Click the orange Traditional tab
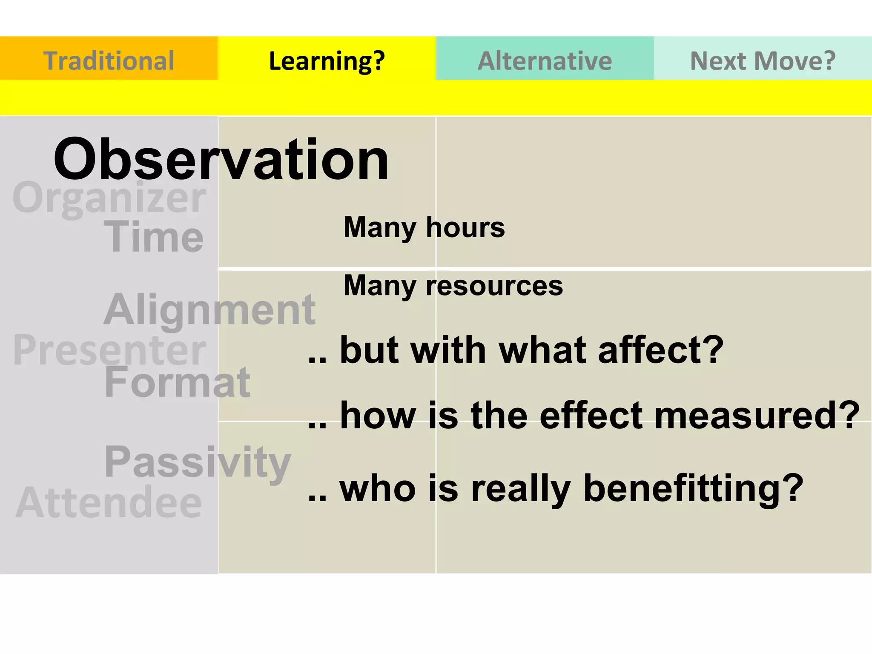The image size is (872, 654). (x=109, y=60)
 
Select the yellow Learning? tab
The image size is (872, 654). (x=327, y=60)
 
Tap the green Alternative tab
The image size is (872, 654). (x=545, y=60)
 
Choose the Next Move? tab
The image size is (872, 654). (x=763, y=60)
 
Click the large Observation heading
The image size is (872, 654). (x=221, y=159)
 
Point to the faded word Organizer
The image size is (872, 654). (x=109, y=198)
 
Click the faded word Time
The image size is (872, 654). (x=154, y=237)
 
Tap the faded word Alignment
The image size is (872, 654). (x=209, y=310)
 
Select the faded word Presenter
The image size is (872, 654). (x=109, y=350)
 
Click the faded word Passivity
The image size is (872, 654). (x=198, y=462)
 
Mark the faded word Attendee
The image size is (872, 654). (x=109, y=502)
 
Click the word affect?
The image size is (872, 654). (x=660, y=350)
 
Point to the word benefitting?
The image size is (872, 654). (x=693, y=488)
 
